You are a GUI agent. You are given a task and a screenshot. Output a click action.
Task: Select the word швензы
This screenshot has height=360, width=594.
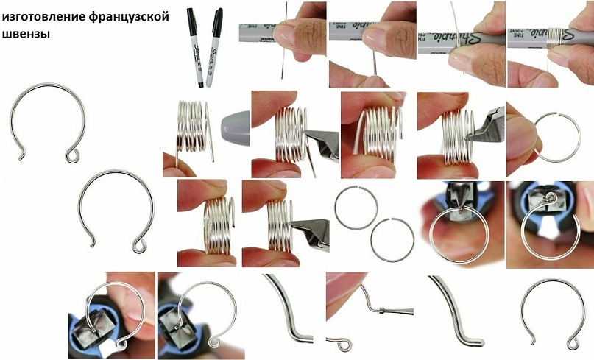(26, 33)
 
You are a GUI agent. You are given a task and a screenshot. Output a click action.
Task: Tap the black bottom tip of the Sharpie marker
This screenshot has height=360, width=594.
(200, 85)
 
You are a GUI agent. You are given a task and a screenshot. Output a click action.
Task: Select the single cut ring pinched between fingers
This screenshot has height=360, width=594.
(557, 137)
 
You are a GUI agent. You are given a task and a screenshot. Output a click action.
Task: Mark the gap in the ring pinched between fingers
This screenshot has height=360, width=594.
(557, 113)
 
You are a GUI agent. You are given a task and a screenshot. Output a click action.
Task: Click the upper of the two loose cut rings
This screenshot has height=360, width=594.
(356, 208)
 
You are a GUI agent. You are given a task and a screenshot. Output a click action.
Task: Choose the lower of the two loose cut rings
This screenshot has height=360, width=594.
(392, 240)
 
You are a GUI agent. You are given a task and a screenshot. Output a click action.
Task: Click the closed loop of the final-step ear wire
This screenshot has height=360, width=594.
(573, 344)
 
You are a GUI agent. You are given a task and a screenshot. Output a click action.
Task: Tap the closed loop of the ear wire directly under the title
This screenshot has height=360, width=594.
(72, 156)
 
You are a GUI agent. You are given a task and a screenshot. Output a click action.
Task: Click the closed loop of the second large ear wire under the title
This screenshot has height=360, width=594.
(139, 247)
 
